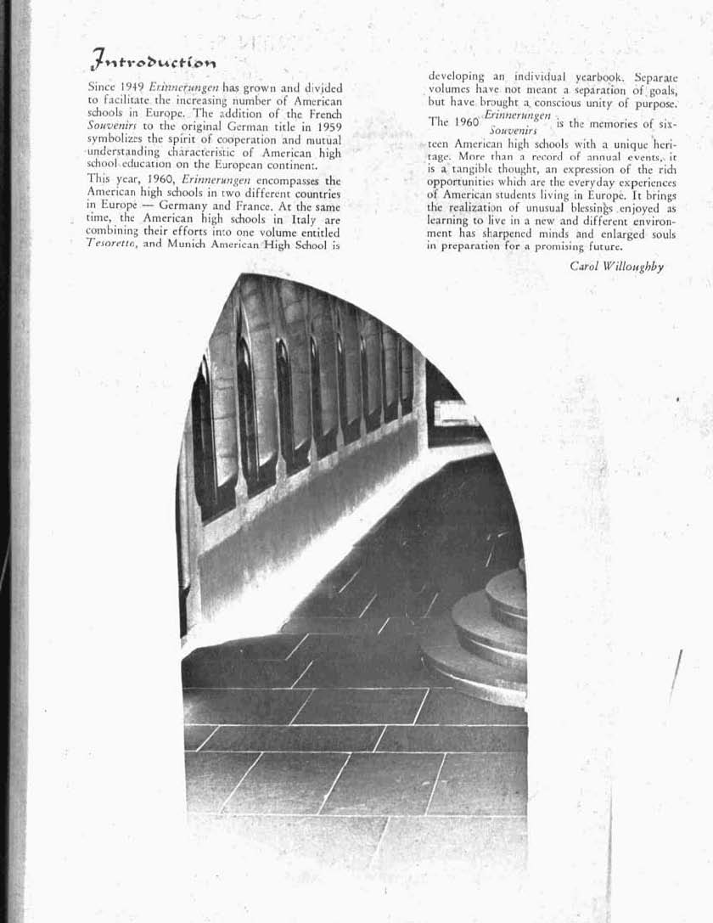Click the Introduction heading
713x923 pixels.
tap(153, 60)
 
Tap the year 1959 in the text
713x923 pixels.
tap(327, 126)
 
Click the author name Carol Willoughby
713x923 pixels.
tap(616, 267)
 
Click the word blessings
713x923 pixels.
tap(578, 207)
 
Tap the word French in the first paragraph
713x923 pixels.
tap(324, 113)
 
